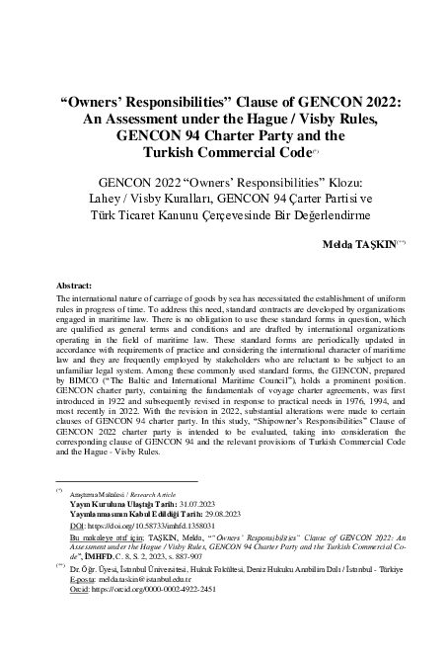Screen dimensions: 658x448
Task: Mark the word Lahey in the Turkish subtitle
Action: pos(118,199)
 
